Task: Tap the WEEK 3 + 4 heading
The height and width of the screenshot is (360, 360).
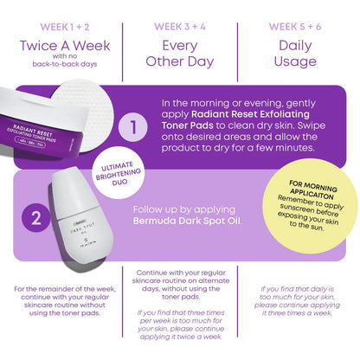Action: (179, 27)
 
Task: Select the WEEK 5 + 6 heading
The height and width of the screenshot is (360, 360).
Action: (299, 27)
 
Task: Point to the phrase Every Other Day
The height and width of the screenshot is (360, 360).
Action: (179, 57)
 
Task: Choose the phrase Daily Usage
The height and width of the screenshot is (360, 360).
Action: (299, 57)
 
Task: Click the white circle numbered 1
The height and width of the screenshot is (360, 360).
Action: (133, 129)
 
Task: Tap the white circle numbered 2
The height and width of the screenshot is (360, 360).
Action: (36, 218)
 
